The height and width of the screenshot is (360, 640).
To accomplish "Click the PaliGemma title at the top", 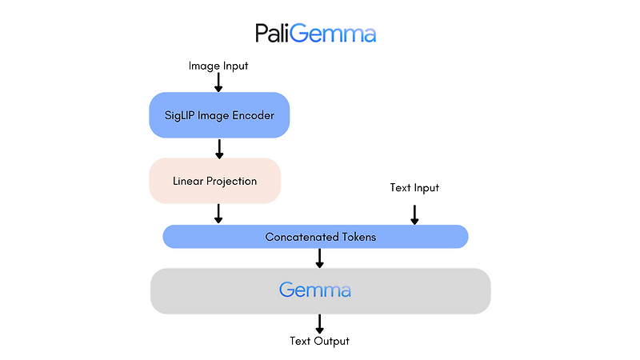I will pos(316,33).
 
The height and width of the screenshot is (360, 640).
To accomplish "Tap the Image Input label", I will pos(218,66).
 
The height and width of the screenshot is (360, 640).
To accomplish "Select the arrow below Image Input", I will pos(218,82).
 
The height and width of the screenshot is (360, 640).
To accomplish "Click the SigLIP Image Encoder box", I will pos(218,115).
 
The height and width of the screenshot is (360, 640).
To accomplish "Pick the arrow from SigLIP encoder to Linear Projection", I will pos(218,148).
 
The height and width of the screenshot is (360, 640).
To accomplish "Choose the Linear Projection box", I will pos(215,181).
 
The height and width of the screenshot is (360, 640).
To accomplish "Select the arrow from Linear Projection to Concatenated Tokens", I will pos(218,214).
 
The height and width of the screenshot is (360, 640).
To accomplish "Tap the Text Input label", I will pos(414,188).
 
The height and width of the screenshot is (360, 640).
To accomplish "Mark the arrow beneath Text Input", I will pos(414,214).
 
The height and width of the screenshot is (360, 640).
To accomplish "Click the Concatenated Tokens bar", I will pos(315,237).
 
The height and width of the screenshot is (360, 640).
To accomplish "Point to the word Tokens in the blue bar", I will pos(358,237).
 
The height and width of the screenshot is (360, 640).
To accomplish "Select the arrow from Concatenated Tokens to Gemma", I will pos(320,258).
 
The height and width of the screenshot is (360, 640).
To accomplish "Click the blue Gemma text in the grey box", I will pos(315,290).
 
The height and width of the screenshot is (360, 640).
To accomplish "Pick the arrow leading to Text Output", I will pos(320,323).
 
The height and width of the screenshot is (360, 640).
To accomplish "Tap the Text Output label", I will pos(320,342).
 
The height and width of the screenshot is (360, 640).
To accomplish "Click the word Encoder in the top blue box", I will pos(254,115).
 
